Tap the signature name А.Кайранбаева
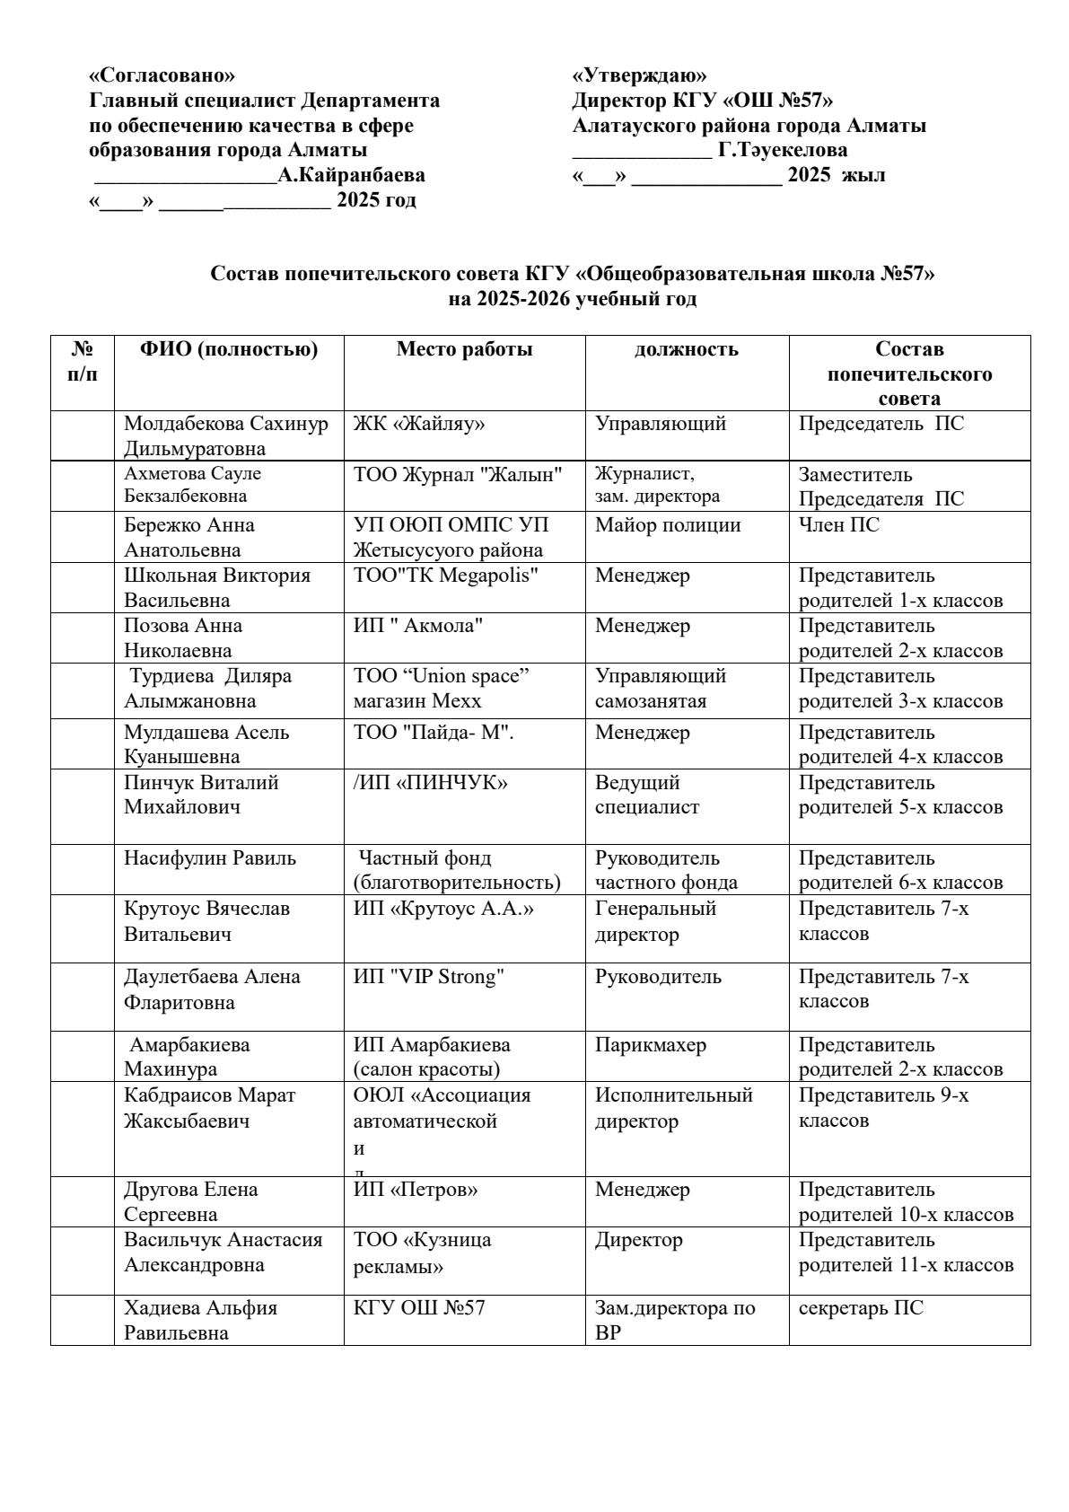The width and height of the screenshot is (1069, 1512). pyautogui.click(x=351, y=175)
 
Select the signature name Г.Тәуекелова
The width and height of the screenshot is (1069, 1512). pyautogui.click(x=783, y=150)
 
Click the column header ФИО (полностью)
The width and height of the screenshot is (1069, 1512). pyautogui.click(x=229, y=350)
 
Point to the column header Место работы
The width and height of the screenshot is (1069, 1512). pyautogui.click(x=464, y=350)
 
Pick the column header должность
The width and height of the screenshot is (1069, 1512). pyautogui.click(x=687, y=350)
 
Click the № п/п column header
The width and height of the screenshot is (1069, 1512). pyautogui.click(x=83, y=361)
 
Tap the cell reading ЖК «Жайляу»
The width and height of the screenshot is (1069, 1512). pyautogui.click(x=419, y=424)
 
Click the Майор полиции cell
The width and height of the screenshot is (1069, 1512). pyautogui.click(x=668, y=525)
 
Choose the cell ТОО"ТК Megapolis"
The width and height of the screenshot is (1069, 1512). pyautogui.click(x=446, y=576)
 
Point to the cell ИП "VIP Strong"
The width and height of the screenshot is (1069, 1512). pyautogui.click(x=429, y=977)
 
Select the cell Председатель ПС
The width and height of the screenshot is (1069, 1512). pyautogui.click(x=881, y=424)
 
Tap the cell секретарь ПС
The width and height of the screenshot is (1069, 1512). pyautogui.click(x=861, y=1308)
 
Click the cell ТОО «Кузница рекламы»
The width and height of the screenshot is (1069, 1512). pyautogui.click(x=422, y=1253)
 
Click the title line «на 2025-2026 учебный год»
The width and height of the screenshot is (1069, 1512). pyautogui.click(x=572, y=299)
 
